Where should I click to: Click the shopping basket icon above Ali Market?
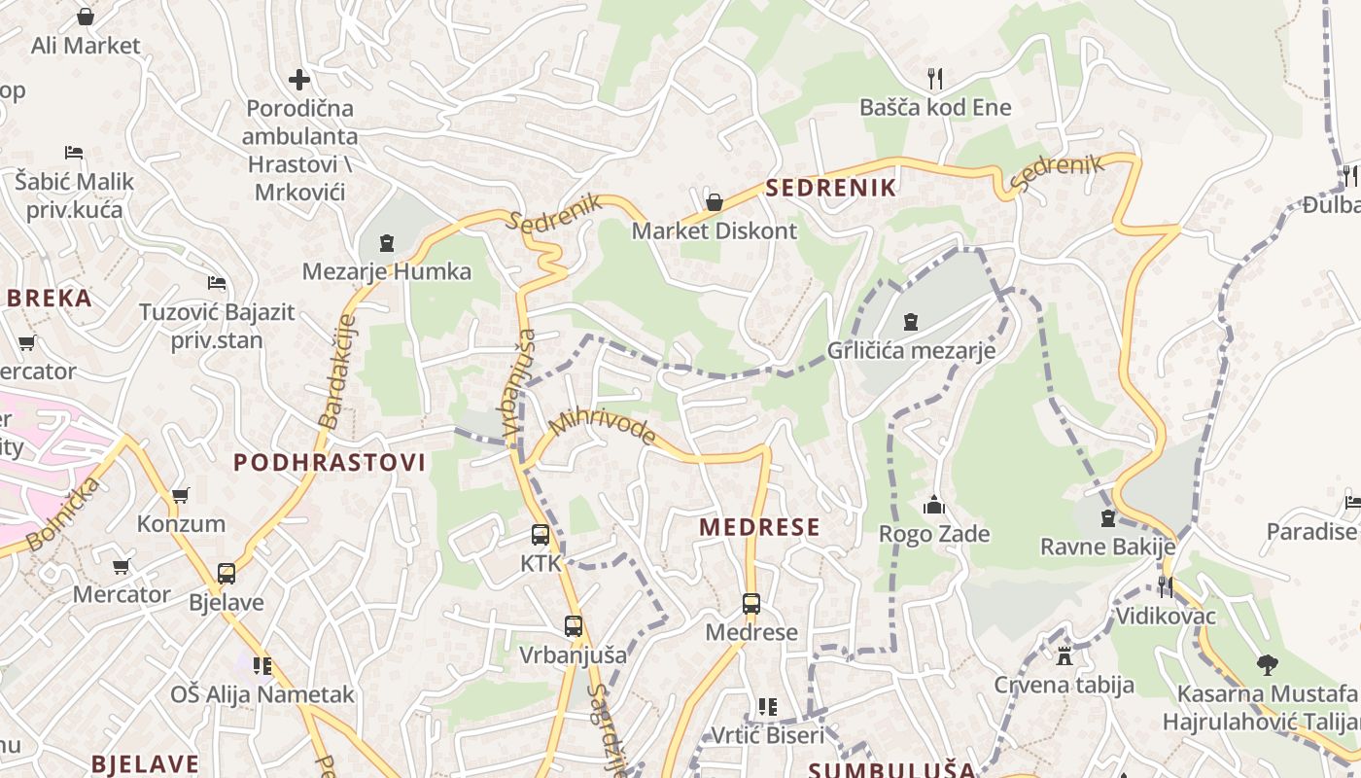point(86,17)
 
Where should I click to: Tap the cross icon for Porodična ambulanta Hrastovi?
point(299,79)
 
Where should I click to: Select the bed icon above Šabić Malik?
point(74,152)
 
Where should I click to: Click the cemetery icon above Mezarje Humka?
point(387,241)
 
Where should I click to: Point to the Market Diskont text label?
point(714,231)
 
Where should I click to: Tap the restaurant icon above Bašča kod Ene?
point(935,78)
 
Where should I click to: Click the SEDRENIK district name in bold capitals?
point(830,188)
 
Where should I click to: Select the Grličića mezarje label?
point(911,350)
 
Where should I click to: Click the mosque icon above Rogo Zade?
point(934,505)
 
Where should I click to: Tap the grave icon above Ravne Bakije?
point(1107,517)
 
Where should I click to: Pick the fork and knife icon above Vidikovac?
point(1166,586)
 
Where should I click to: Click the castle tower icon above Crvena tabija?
point(1064,655)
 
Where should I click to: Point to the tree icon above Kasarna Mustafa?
point(1266,665)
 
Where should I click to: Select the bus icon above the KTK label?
point(541,534)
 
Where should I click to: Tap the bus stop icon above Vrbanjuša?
point(574,626)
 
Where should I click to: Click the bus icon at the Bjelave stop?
point(227,574)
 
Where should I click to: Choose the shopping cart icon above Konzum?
point(180,495)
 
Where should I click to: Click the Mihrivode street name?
point(602,426)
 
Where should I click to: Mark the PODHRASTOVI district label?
point(330,463)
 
